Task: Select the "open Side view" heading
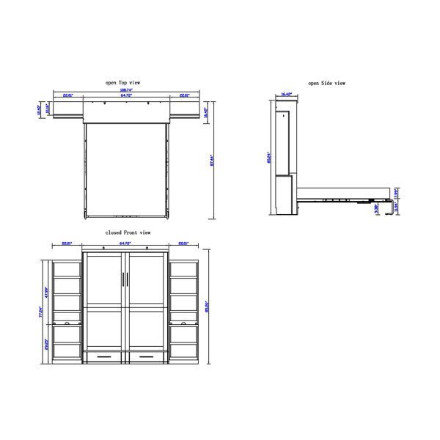[x=326, y=84]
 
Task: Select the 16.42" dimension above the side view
[x=285, y=95]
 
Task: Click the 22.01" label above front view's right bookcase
[x=181, y=243]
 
